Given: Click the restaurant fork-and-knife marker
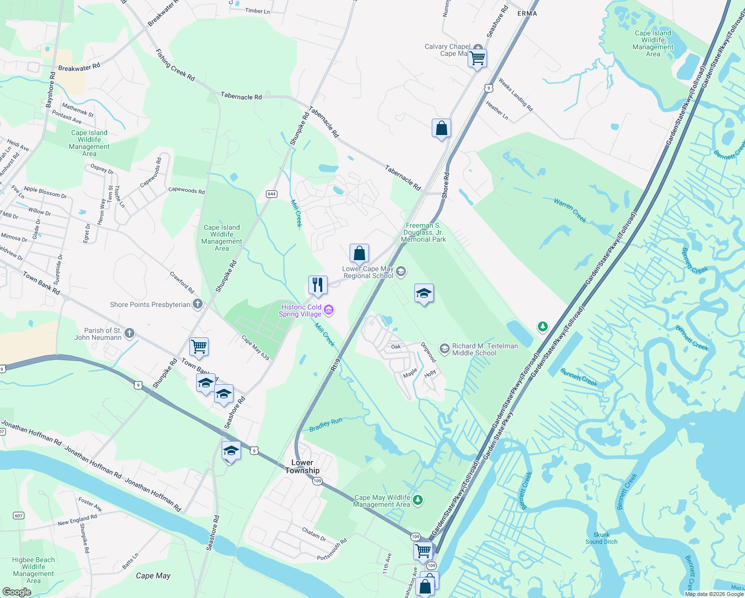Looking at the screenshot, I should [318, 285].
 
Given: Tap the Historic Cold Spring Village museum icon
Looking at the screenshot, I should [329, 310].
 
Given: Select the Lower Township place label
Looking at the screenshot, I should [302, 466].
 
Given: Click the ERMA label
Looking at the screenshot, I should [527, 13].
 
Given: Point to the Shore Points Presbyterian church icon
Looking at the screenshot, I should [198, 304].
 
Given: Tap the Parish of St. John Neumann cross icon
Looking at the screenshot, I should [129, 333].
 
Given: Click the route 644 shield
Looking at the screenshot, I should [271, 194].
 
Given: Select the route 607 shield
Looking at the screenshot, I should [18, 515].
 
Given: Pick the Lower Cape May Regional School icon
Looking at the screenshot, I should [401, 272].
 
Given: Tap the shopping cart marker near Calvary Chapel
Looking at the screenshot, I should [477, 58].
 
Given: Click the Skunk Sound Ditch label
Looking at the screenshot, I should [602, 538].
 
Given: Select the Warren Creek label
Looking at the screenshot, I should [570, 210].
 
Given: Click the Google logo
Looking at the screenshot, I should [16, 592].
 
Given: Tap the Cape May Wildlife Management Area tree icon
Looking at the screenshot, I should [418, 500].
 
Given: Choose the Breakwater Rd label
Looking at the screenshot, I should [79, 67].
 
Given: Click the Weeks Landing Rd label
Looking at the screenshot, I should [515, 95].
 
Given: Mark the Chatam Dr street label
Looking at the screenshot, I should [314, 534].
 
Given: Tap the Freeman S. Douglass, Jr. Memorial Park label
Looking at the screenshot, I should [423, 232].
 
